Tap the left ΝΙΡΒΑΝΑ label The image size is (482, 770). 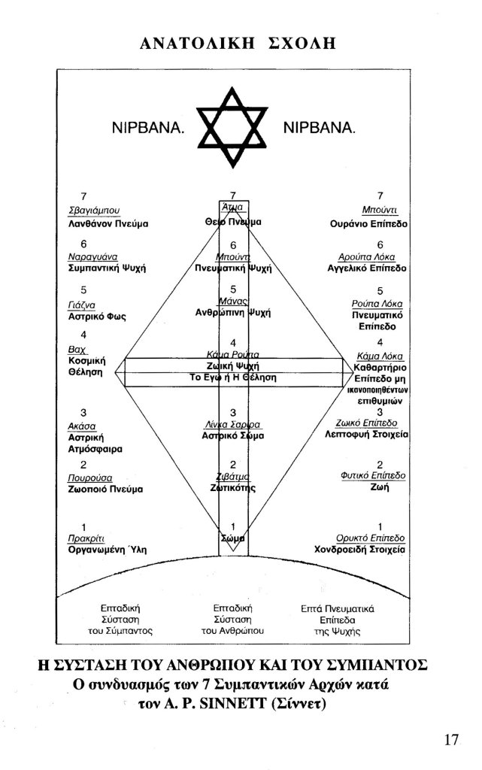point(147,129)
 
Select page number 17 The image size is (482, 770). point(450,739)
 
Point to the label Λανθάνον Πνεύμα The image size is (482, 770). point(104,223)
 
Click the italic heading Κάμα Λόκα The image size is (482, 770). point(380,355)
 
